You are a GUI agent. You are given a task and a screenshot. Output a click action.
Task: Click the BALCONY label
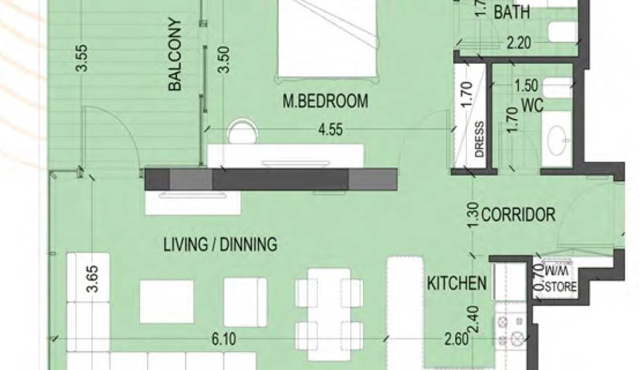point(174,55)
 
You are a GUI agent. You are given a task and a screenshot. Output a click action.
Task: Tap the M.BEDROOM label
point(325,102)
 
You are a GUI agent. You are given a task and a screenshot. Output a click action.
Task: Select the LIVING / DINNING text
point(219,244)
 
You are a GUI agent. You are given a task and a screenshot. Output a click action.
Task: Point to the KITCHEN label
point(456,283)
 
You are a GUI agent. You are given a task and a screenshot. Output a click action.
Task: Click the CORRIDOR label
point(518,215)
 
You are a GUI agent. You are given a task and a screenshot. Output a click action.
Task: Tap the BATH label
point(511,12)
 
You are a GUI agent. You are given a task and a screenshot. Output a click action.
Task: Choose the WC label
point(532,106)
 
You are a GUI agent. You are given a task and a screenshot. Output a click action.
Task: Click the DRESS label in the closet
point(479,139)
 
